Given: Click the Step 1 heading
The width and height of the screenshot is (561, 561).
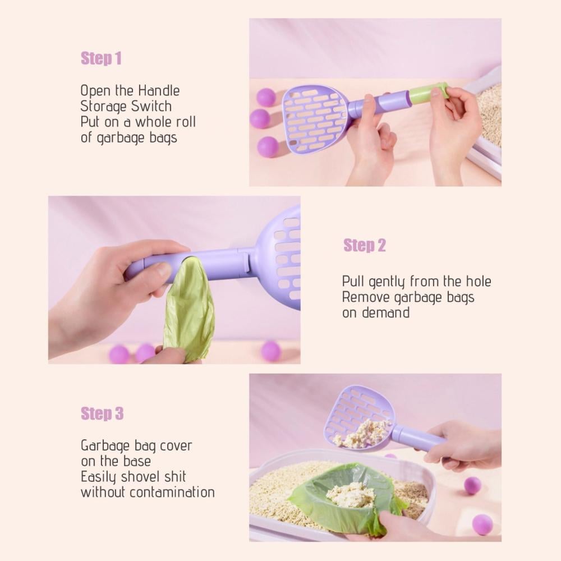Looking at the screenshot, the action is (x=101, y=58).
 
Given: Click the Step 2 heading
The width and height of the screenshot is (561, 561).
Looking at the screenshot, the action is (x=365, y=246).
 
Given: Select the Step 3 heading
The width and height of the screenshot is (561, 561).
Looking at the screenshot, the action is (x=102, y=413).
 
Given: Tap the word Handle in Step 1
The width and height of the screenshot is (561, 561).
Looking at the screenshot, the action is (x=159, y=90).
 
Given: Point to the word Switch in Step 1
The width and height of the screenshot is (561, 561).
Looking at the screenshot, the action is (x=151, y=106).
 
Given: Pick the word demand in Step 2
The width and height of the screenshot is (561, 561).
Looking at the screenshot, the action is (x=386, y=312).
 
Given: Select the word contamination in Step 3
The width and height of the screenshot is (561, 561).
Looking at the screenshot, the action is (x=172, y=493).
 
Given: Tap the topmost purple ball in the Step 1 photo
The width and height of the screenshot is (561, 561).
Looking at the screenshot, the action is (x=266, y=97).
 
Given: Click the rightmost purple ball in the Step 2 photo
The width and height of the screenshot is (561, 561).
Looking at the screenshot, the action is (x=271, y=350).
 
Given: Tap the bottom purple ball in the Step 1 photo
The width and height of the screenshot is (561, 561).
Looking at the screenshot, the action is (x=268, y=146).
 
